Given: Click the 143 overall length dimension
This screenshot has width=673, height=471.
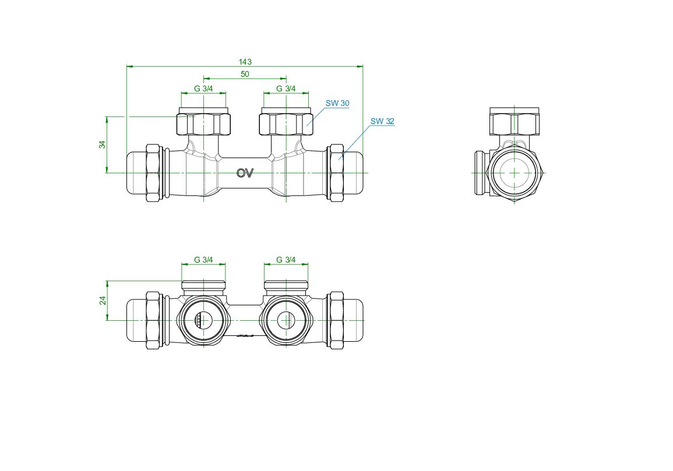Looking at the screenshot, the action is [x=245, y=62].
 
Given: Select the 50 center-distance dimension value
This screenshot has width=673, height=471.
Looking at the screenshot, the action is [x=245, y=74].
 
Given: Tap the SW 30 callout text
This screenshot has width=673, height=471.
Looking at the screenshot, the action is [x=337, y=103].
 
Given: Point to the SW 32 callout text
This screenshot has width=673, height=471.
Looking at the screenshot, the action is [x=382, y=122].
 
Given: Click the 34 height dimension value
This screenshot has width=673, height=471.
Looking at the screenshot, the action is [x=102, y=144].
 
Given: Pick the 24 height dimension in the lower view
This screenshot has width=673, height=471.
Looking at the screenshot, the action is [x=103, y=300].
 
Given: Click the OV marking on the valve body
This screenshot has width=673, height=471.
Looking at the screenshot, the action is [x=245, y=173].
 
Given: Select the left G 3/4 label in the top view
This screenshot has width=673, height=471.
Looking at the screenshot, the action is [x=203, y=89].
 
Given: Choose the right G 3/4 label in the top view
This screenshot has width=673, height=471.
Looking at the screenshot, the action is [x=286, y=89].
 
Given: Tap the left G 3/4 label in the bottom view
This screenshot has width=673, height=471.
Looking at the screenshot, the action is [x=203, y=260].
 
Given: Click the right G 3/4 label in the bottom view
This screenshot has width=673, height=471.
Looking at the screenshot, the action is [x=286, y=260].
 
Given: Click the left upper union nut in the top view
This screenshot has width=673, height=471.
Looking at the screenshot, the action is [x=203, y=124].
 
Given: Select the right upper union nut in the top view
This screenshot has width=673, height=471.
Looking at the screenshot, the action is [x=286, y=124].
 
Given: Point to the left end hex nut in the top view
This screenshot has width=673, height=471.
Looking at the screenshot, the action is [x=154, y=173].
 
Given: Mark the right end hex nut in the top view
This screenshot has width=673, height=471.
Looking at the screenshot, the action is [x=336, y=173].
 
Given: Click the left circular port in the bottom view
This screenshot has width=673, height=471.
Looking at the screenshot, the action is [x=203, y=320].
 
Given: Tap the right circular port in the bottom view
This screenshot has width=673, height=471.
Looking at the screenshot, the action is [x=286, y=320].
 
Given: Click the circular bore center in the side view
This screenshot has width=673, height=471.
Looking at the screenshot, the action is [x=515, y=173].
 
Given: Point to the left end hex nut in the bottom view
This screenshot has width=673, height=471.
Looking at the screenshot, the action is [x=154, y=320].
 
